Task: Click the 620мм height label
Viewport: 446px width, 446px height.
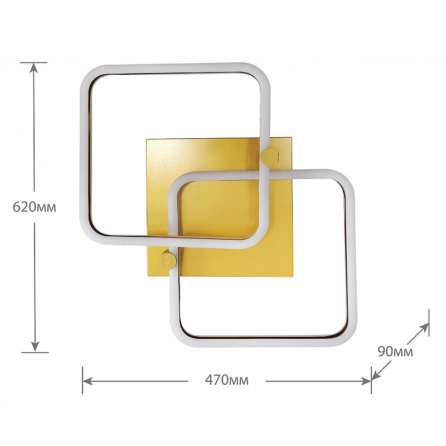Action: point(35,207)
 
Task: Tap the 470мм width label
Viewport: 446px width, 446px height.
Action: point(227,380)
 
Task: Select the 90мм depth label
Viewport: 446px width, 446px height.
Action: point(395,352)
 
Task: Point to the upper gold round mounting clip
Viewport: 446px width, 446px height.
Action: point(270,157)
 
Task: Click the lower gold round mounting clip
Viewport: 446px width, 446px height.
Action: point(168,260)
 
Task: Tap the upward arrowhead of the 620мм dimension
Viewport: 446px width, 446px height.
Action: point(34,67)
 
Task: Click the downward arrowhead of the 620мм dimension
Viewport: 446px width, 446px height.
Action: point(35,346)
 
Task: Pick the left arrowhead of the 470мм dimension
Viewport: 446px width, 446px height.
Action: point(88,381)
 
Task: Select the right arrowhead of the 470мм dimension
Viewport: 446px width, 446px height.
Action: point(366,381)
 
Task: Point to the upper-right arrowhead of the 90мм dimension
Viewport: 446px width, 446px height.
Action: point(424,328)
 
